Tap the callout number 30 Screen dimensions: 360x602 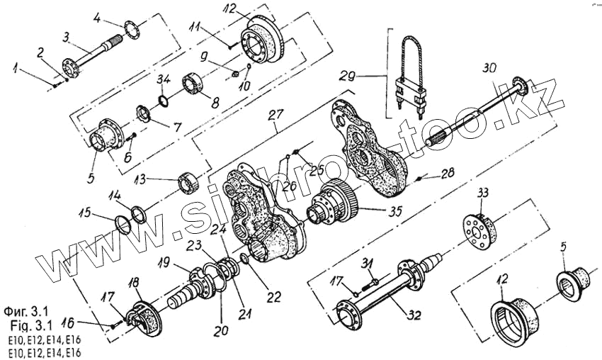coord(488,69)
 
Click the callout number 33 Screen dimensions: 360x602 coord(483,193)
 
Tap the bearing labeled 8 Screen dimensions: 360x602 coord(195,84)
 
